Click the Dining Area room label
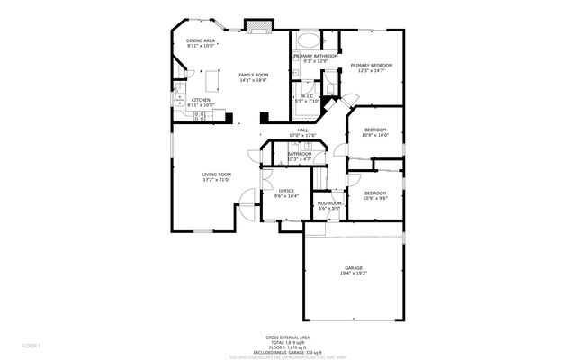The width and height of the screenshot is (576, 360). point(201,40)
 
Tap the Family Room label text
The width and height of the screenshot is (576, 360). point(253,75)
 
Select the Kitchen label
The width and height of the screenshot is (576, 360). point(201,100)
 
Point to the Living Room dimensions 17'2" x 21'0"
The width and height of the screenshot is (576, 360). point(216,180)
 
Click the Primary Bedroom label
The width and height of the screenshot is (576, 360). point(370,65)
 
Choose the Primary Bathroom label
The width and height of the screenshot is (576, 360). point(315,56)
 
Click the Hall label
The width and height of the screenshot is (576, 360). point(303,130)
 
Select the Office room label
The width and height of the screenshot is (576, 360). point(286,191)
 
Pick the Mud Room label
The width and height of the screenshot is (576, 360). point(328,203)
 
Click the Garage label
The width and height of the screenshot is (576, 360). point(354,267)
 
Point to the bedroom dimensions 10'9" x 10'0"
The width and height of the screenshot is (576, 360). point(375,136)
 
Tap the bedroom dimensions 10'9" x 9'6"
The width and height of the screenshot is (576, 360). point(375,198)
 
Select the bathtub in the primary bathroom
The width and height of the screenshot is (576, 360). point(305,40)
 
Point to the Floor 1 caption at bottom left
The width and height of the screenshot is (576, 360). point(31,345)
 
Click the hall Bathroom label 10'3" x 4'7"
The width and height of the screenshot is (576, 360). point(299,154)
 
